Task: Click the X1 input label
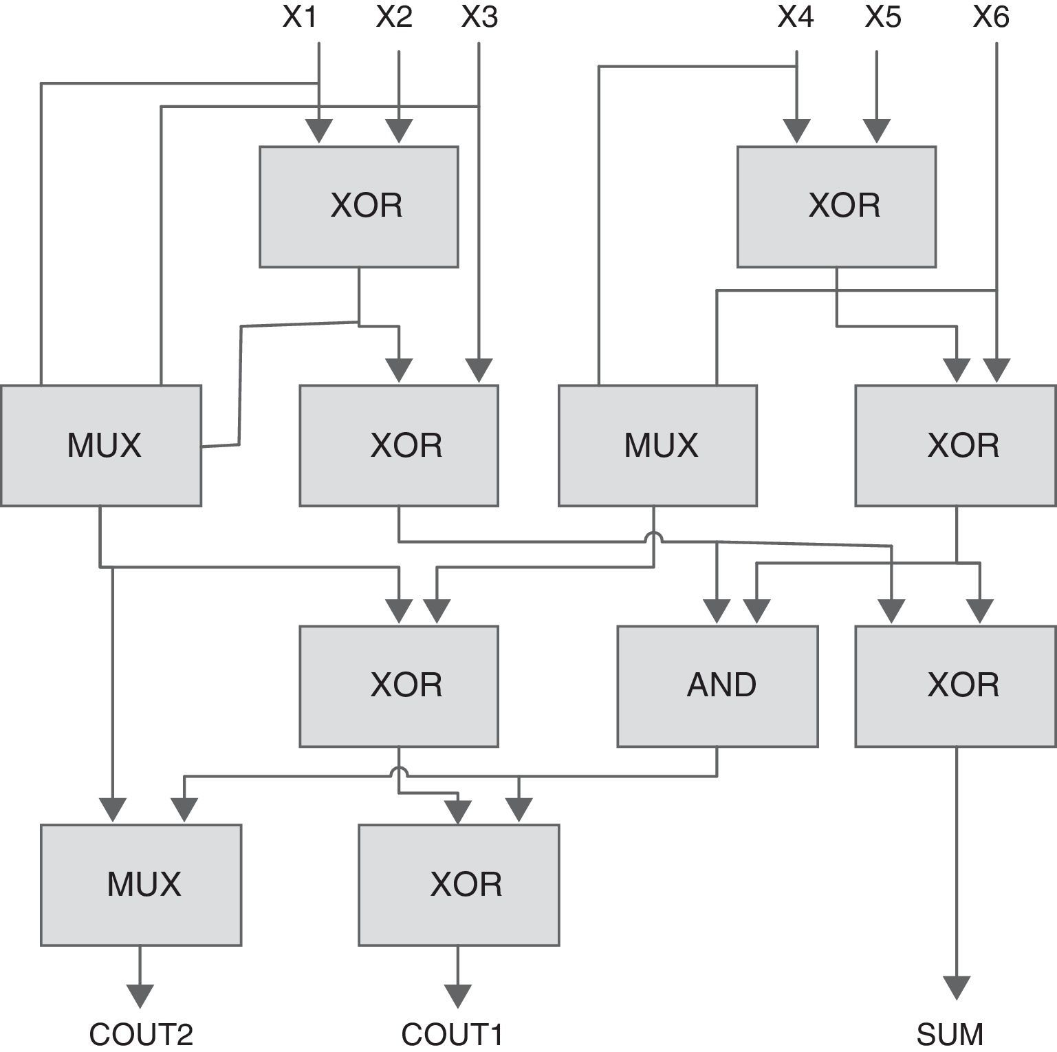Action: click(x=300, y=17)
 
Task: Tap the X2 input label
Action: click(x=394, y=17)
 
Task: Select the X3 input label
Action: click(x=479, y=17)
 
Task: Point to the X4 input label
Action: click(x=796, y=17)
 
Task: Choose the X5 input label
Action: click(x=883, y=17)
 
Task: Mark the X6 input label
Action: click(x=991, y=17)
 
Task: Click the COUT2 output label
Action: click(x=141, y=1034)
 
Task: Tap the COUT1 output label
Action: click(x=452, y=1034)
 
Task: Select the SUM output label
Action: click(x=950, y=1034)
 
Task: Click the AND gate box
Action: click(x=717, y=686)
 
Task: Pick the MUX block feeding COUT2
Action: click(x=141, y=885)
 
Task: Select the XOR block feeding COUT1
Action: click(x=459, y=885)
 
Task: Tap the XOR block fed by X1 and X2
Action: click(x=358, y=206)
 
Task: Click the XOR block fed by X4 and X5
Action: click(x=836, y=206)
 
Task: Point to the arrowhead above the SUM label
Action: click(x=956, y=987)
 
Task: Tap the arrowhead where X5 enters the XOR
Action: click(x=876, y=131)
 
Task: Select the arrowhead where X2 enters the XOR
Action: click(x=399, y=131)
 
